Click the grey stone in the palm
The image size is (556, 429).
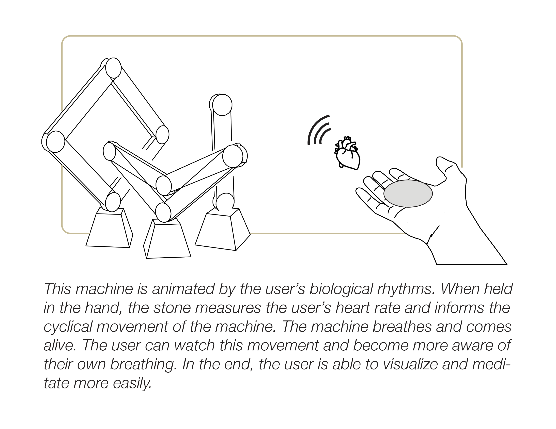coord(408,193)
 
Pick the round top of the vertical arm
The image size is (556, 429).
coord(222,105)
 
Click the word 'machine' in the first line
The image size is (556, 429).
coord(104,289)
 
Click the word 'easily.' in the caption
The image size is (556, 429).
coord(132,383)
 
